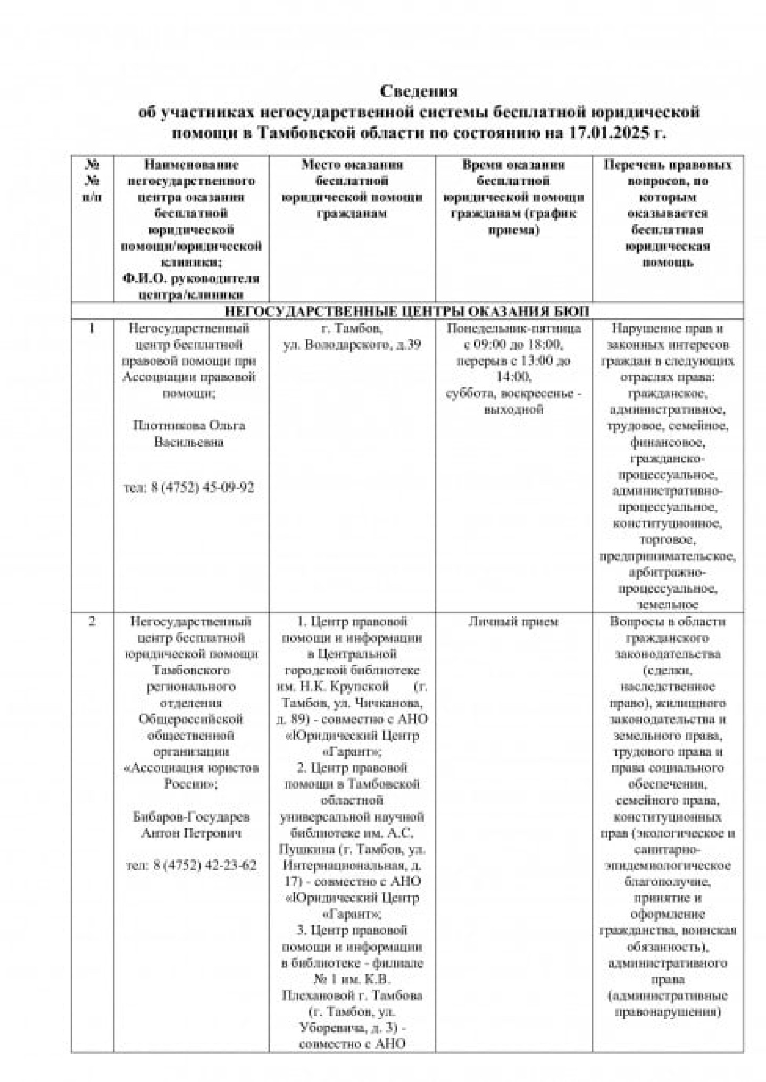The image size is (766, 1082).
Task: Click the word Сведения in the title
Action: click(419, 91)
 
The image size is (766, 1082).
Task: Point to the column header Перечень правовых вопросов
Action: click(668, 213)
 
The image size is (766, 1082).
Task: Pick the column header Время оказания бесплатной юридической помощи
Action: click(513, 197)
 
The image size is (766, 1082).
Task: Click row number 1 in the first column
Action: click(92, 328)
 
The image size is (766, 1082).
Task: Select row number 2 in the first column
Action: click(92, 621)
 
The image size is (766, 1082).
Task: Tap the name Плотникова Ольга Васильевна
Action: click(189, 434)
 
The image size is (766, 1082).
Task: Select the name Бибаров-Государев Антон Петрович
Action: click(191, 824)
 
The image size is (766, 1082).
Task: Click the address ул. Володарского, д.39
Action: click(352, 345)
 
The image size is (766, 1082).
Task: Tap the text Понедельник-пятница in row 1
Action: click(514, 328)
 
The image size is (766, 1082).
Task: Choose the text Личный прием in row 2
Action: click(513, 621)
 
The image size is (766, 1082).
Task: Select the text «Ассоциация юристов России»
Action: click(191, 776)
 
